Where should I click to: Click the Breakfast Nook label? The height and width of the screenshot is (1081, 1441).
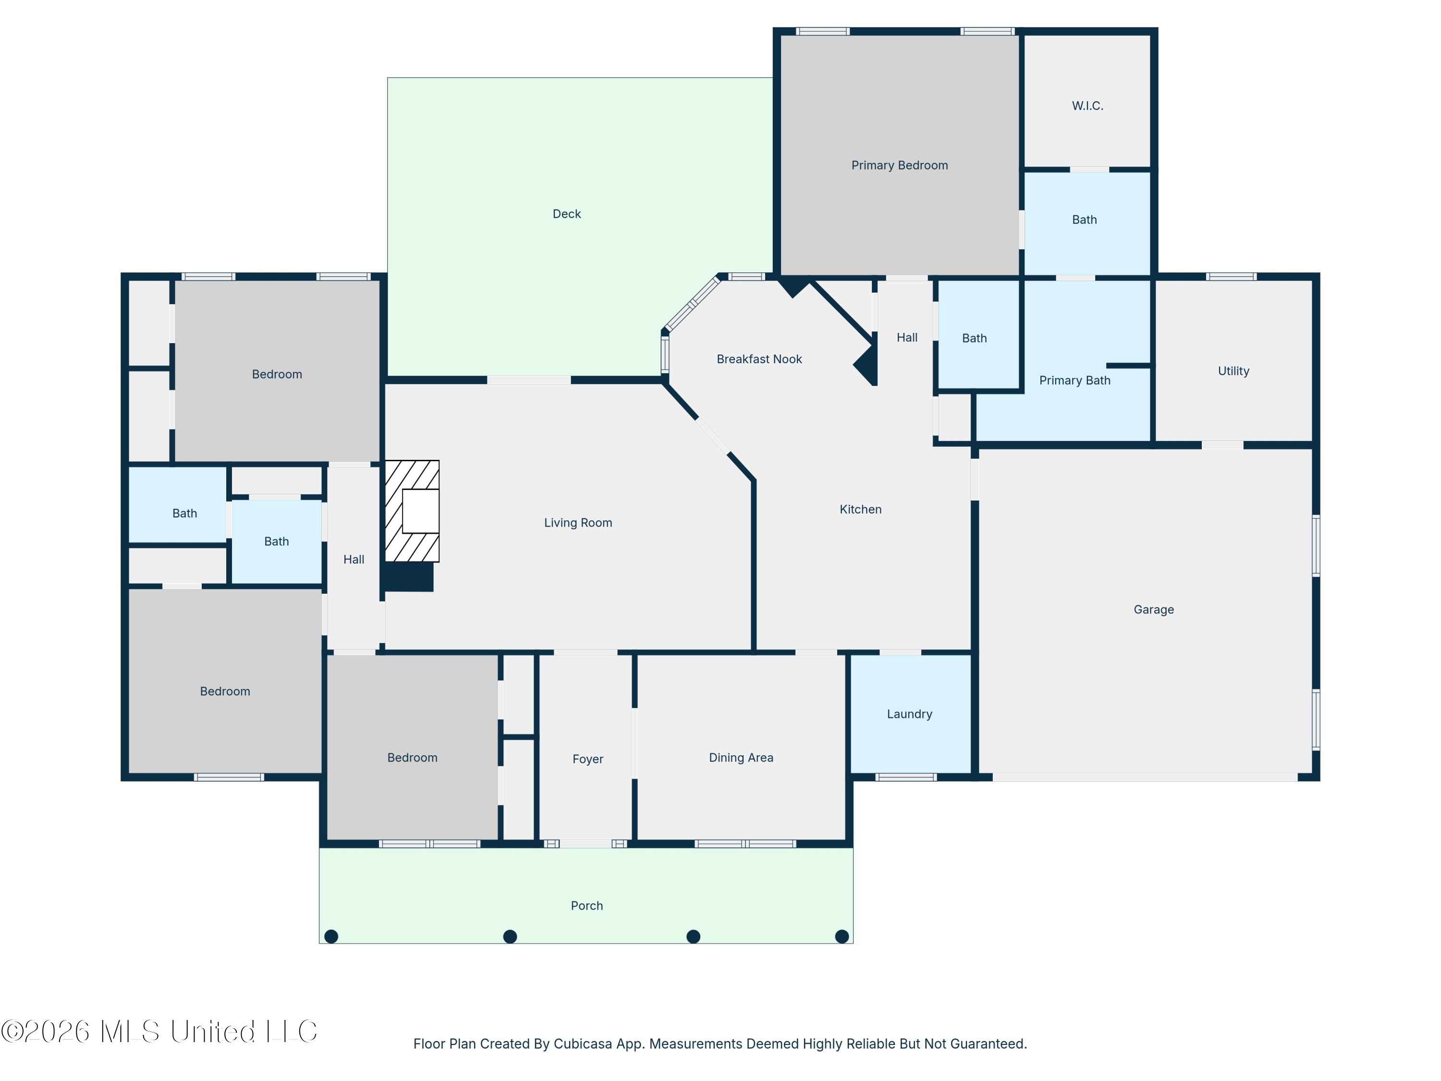point(759,359)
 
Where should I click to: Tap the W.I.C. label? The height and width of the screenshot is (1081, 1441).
point(1087,106)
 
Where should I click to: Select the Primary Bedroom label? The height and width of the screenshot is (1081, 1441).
point(899,165)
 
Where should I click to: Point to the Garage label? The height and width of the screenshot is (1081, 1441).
point(1153,610)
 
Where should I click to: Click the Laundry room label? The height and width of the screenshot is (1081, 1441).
point(909,714)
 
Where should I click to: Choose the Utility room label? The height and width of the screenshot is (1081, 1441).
point(1233,371)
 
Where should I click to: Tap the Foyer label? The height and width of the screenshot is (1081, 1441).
point(587,759)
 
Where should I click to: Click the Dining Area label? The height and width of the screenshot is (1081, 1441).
point(741,758)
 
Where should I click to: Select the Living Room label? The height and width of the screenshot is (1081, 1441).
point(578,523)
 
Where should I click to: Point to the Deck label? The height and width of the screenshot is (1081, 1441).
point(566,214)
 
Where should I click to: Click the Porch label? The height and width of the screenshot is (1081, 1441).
point(586,906)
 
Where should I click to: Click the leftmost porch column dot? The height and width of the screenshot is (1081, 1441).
point(331,936)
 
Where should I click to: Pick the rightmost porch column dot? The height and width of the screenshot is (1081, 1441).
point(842,936)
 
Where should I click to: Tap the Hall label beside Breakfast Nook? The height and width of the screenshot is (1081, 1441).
point(907,338)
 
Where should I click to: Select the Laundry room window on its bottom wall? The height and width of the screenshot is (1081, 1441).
point(905,777)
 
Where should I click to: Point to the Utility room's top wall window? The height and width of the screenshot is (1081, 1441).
point(1231,276)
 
